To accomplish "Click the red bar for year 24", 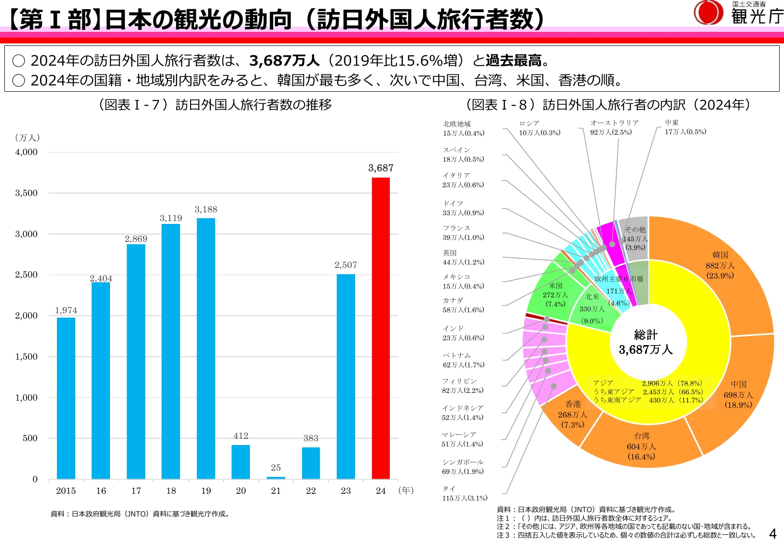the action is coord(381,328).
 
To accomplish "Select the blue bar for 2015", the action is coord(66,398).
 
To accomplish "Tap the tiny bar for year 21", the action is coord(276,477).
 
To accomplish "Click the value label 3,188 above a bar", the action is coord(206,209).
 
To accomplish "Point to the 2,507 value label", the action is coord(345,265).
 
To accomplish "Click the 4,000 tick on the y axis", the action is coord(26,152).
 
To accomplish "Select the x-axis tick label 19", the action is coord(206,490).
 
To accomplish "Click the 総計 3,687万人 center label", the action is coord(646,342).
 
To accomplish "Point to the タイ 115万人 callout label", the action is coord(465,493).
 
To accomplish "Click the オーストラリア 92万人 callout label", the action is coord(614,127).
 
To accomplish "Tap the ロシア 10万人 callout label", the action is coord(539,128).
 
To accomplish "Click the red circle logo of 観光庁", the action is coord(708,12).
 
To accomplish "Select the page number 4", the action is coord(773,533).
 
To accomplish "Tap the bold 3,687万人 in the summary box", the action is coord(284,60).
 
